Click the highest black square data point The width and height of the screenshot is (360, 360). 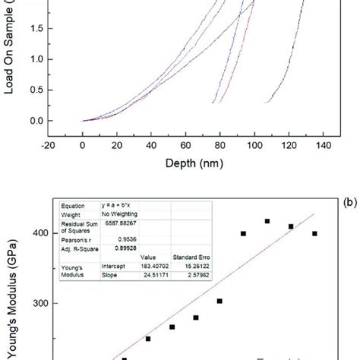(x=267, y=221)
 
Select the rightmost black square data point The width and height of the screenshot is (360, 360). (x=314, y=233)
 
